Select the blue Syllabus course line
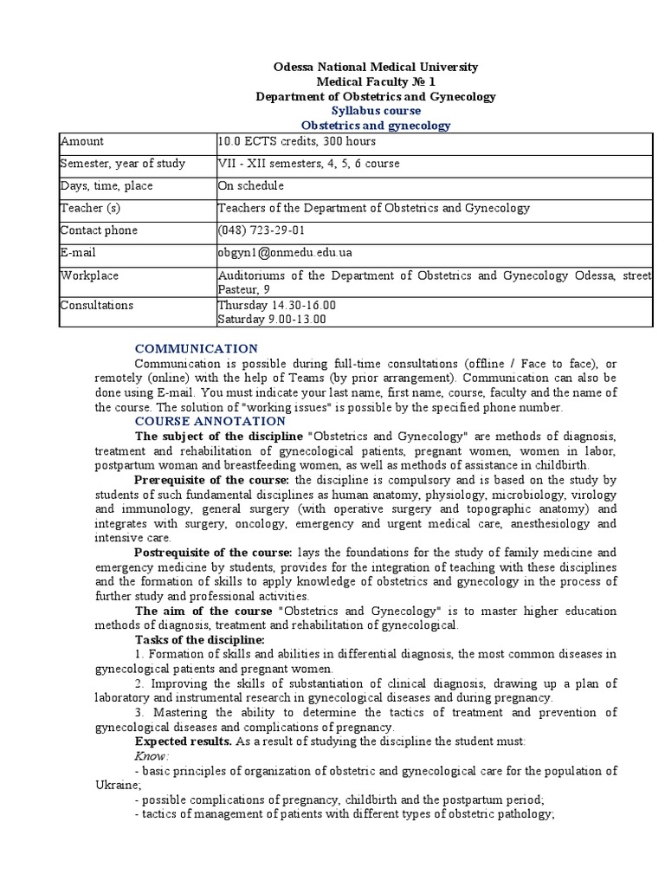[x=376, y=111]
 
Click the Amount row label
[x=81, y=141]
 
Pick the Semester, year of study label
[x=122, y=164]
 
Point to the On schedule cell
[x=251, y=186]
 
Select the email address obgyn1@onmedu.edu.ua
[x=286, y=253]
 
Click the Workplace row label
[x=89, y=275]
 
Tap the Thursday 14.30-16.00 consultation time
[x=277, y=306]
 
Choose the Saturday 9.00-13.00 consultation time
[x=272, y=320]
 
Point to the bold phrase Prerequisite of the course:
[x=213, y=480]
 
